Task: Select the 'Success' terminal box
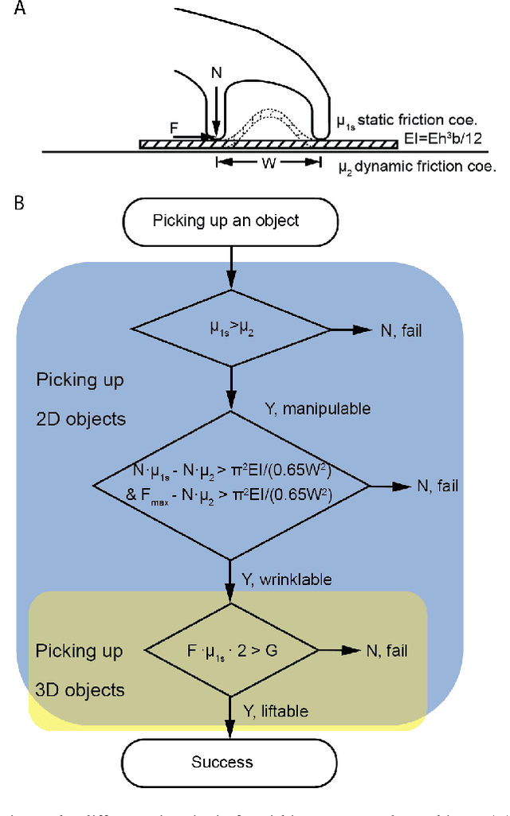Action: [222, 762]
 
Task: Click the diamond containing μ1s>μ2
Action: [231, 326]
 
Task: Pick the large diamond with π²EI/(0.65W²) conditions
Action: [231, 483]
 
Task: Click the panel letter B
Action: [18, 202]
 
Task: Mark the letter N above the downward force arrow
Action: [215, 73]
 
